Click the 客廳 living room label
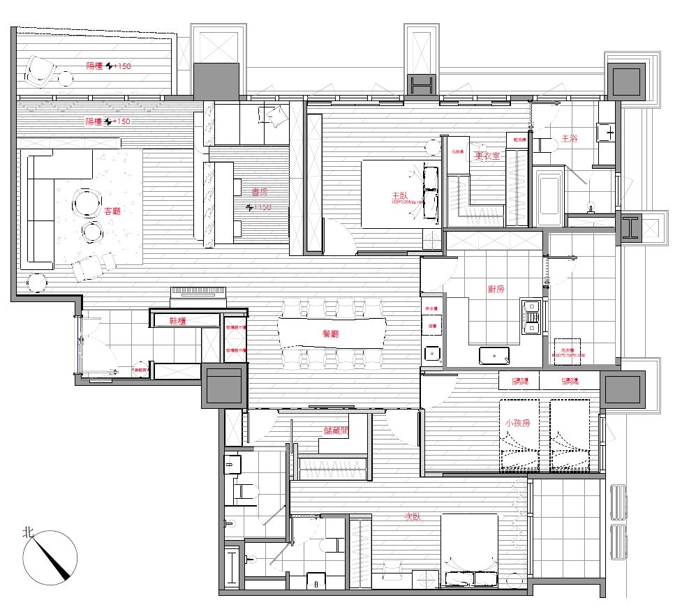click(112, 210)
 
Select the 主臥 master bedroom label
click(399, 197)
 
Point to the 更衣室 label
click(487, 156)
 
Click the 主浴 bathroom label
click(569, 139)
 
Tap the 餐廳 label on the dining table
click(330, 334)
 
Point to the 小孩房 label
click(517, 424)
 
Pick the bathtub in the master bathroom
click(549, 196)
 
